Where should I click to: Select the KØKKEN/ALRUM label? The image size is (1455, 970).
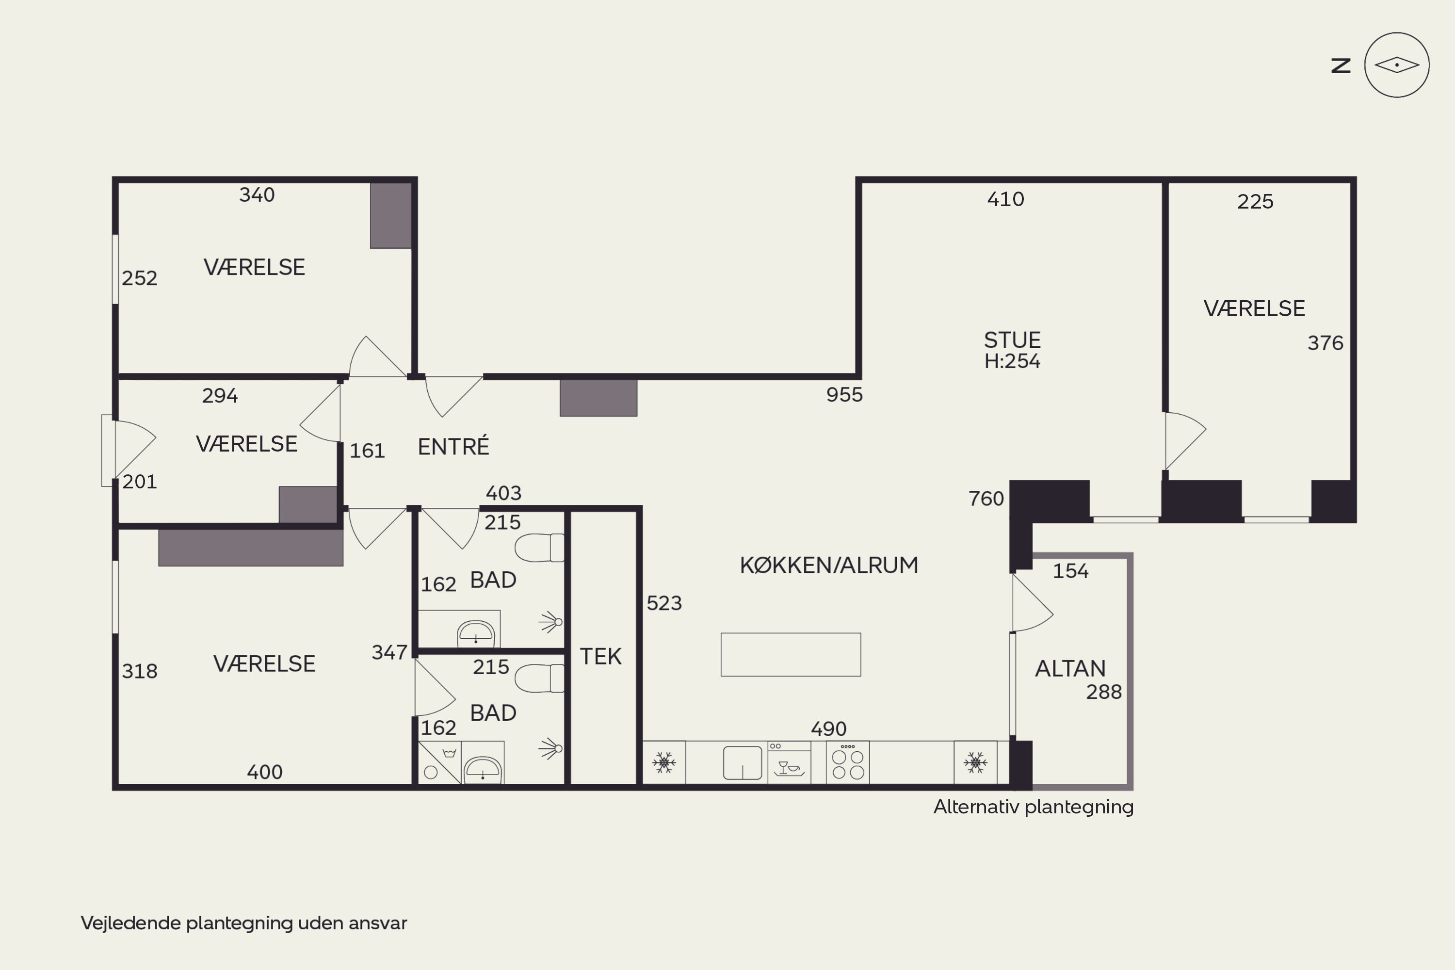(829, 566)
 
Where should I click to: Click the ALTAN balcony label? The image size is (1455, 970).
(1070, 669)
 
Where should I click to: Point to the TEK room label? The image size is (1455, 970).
(601, 656)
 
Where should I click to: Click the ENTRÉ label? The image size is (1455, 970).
(453, 446)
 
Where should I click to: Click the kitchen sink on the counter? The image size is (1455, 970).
(743, 763)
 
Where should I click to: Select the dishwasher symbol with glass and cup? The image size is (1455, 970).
(790, 763)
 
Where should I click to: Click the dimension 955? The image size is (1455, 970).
(844, 395)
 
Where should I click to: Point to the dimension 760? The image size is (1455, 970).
(986, 499)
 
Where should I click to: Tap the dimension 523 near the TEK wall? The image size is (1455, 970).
(664, 603)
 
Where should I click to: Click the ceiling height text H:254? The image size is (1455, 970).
(1012, 361)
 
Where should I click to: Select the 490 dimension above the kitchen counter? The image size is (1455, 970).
(828, 729)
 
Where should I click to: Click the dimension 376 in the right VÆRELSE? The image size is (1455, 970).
(1325, 343)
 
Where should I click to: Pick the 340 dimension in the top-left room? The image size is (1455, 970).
(257, 195)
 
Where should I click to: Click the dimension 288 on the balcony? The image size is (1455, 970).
(1104, 692)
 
